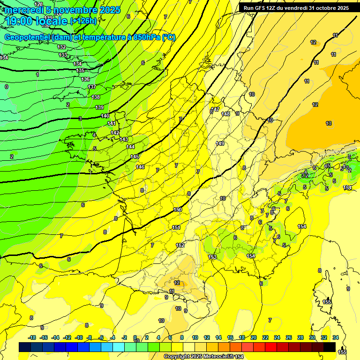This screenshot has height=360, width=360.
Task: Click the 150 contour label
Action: pyautogui.click(x=178, y=210)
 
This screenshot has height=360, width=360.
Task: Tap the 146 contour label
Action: pyautogui.click(x=140, y=167)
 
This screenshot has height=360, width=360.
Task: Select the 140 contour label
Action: pyautogui.click(x=105, y=116)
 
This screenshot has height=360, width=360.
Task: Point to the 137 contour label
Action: pyautogui.click(x=92, y=87)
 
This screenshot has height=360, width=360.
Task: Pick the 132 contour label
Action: pyautogui.click(x=61, y=47)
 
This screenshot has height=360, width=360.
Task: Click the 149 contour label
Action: pyautogui.click(x=220, y=143)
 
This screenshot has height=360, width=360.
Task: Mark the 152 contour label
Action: pyautogui.click(x=180, y=245)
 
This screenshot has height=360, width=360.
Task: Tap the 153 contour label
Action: pyautogui.click(x=212, y=257)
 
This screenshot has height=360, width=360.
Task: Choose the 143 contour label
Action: pyautogui.click(x=124, y=139)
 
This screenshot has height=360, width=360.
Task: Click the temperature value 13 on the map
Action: pyautogui.click(x=329, y=123)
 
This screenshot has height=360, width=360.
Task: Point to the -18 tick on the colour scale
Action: pyautogui.click(x=32, y=337)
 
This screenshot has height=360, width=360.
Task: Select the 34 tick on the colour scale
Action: pyautogui.click(x=336, y=337)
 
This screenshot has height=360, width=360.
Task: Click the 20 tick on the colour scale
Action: pyautogui.click(x=254, y=337)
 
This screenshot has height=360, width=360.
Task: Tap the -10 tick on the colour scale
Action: pyautogui.click(x=79, y=337)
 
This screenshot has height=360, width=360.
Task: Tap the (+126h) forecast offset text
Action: pyautogui.click(x=83, y=21)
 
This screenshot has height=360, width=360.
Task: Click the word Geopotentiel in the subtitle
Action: pyautogui.click(x=28, y=37)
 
